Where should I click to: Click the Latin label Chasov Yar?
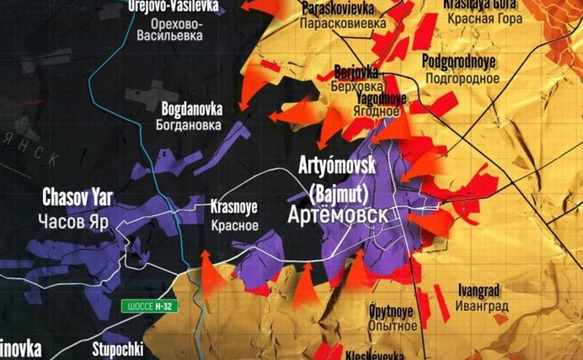pyautogui.click(x=78, y=198)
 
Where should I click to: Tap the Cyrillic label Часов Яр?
pyautogui.click(x=75, y=221)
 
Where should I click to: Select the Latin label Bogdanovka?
pyautogui.click(x=192, y=108)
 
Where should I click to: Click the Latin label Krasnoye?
pyautogui.click(x=235, y=207)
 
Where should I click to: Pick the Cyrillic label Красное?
pyautogui.click(x=235, y=224)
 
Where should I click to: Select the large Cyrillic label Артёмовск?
pyautogui.click(x=338, y=215)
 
